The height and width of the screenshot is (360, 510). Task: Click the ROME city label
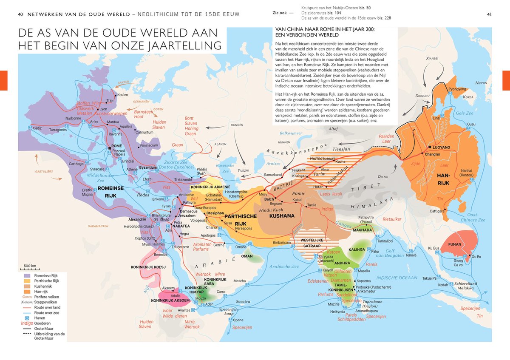pos(116,146)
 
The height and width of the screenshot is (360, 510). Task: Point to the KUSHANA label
pos(281,216)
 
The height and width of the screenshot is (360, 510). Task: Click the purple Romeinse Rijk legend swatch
pos(26,276)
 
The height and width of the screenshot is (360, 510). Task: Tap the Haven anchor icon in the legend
pos(26,318)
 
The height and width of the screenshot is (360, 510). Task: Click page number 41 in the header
pos(489,14)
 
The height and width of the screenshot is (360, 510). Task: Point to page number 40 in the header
pos(20,14)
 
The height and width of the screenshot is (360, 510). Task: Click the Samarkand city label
pos(272,175)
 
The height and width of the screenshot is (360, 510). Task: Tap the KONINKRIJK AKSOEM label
pos(170,300)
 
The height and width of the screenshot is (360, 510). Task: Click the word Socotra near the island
pos(243,301)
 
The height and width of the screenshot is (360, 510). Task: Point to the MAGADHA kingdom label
pos(362,230)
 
